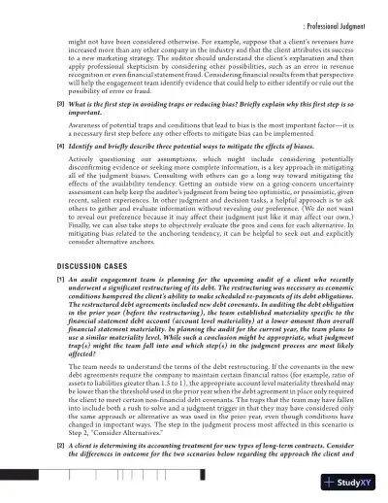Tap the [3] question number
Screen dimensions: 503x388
coord(33,129)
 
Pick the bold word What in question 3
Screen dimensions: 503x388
coord(50,129)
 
